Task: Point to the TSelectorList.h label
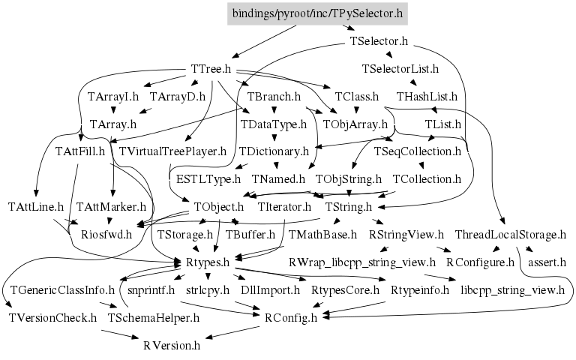pyautogui.click(x=400, y=69)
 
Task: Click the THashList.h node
pyautogui.click(x=427, y=97)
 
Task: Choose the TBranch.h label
pyautogui.click(x=274, y=97)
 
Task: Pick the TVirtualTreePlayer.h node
pyautogui.click(x=173, y=151)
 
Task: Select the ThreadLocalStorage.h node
pyautogui.click(x=510, y=235)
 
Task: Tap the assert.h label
pyautogui.click(x=547, y=262)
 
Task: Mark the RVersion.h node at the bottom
pyautogui.click(x=172, y=345)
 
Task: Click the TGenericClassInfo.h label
pyautogui.click(x=62, y=289)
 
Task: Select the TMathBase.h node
pyautogui.click(x=322, y=235)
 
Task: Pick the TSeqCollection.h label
pyautogui.click(x=417, y=151)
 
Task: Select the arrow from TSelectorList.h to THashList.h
pyautogui.click(x=412, y=83)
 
